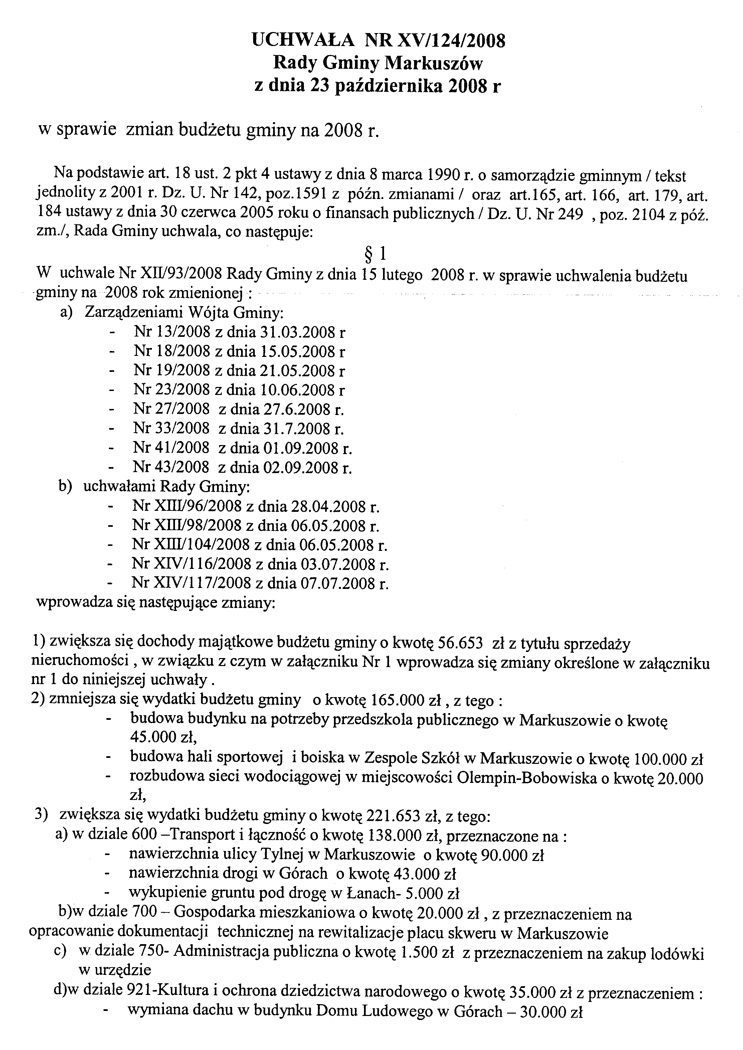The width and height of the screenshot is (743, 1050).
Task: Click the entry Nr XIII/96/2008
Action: [187, 507]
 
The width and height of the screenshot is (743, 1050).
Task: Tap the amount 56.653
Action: [460, 644]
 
